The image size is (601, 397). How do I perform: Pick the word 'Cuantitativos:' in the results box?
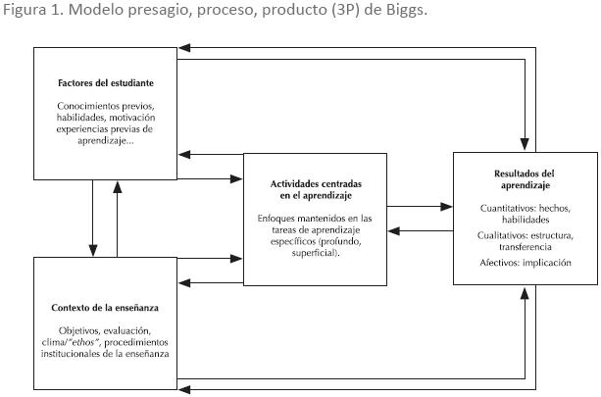[513, 208]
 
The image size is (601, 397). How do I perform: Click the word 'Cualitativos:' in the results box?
[509, 235]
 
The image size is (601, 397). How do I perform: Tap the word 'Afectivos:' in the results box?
[504, 263]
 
